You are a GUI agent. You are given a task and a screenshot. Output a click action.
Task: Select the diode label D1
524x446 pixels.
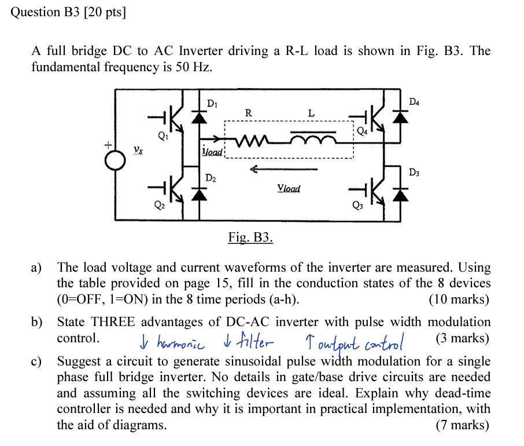(212, 104)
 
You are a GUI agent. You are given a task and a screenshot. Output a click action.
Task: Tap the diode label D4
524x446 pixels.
(414, 102)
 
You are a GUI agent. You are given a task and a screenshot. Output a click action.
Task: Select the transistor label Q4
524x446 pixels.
(361, 131)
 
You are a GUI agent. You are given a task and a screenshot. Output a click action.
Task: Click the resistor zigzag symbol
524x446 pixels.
(249, 141)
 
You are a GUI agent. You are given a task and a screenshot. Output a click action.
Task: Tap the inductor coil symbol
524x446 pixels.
(313, 140)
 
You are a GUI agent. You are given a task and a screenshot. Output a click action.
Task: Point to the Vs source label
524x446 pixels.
(137, 149)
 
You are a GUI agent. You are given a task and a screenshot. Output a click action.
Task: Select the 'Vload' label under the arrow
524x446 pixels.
(289, 188)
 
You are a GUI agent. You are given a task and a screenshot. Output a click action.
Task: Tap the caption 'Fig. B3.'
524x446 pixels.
(250, 237)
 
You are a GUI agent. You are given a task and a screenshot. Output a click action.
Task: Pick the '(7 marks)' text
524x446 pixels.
(462, 425)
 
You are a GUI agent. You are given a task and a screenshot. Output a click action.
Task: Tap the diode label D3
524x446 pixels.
(414, 173)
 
